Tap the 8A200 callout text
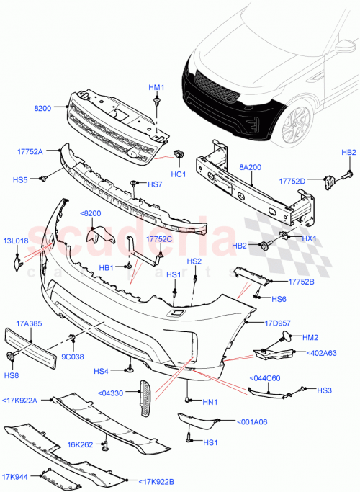250,166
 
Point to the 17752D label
292,181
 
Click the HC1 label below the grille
178,174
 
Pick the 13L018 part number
15,241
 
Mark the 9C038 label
72,355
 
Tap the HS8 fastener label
12,375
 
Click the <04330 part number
109,393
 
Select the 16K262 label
78,446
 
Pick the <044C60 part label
265,377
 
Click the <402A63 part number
321,353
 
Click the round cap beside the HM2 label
286,336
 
